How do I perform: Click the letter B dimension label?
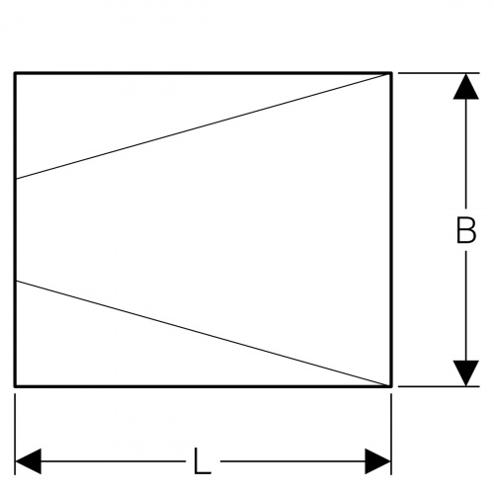(466, 230)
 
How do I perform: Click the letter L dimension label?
(202, 461)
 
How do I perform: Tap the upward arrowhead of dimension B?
(465, 86)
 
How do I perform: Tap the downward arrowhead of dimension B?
(465, 373)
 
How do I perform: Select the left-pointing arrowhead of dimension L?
(29, 461)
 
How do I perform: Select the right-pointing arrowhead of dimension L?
(377, 461)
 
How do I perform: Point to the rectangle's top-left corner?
(15, 73)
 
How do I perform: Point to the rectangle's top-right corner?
(391, 73)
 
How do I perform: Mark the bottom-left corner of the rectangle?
(15, 386)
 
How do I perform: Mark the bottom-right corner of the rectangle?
(391, 386)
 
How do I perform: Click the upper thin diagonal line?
(203, 126)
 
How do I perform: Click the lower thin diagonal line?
(203, 333)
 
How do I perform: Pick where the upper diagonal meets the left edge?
(16, 179)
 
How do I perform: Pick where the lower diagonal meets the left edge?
(16, 281)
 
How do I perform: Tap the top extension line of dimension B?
(439, 73)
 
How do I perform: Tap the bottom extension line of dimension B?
(439, 386)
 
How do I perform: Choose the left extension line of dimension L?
(15, 434)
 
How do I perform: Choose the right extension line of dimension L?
(391, 434)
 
